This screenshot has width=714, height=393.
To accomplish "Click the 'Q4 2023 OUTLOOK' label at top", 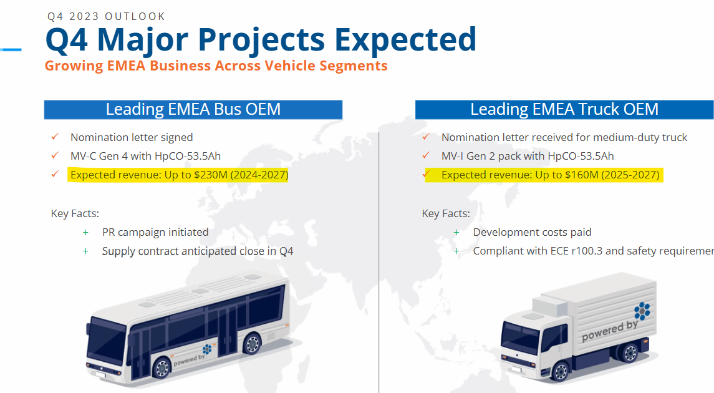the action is pyautogui.click(x=106, y=16).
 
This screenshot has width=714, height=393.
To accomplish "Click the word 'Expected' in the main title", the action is pyautogui.click(x=406, y=40).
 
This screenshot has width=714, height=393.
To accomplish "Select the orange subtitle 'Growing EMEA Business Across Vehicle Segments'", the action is pyautogui.click(x=216, y=65).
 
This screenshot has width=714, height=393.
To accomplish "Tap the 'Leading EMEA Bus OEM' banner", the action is pyautogui.click(x=193, y=109).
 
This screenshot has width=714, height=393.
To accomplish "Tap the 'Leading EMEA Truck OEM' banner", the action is pyautogui.click(x=564, y=109).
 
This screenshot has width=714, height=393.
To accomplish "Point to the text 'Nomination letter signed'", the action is pyautogui.click(x=132, y=137).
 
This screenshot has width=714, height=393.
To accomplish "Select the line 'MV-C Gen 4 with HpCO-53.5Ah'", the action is pyautogui.click(x=146, y=156).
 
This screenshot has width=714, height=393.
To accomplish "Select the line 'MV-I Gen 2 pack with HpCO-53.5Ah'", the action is pyautogui.click(x=528, y=156).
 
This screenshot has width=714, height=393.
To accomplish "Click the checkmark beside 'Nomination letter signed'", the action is pyautogui.click(x=55, y=137).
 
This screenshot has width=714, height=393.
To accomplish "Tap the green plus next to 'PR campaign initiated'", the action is pyautogui.click(x=85, y=232).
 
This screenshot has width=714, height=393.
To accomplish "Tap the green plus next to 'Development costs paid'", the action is pyautogui.click(x=456, y=232).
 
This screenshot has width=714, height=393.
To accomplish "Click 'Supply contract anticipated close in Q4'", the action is pyautogui.click(x=198, y=251).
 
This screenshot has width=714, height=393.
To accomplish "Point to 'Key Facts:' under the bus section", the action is pyautogui.click(x=75, y=213).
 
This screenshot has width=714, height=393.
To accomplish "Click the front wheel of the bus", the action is pyautogui.click(x=162, y=368).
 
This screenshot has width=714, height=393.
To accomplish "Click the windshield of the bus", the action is pyautogui.click(x=105, y=339).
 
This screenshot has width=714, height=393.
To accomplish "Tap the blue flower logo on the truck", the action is pyautogui.click(x=642, y=311).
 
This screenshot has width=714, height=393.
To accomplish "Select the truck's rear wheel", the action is pyautogui.click(x=630, y=352).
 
